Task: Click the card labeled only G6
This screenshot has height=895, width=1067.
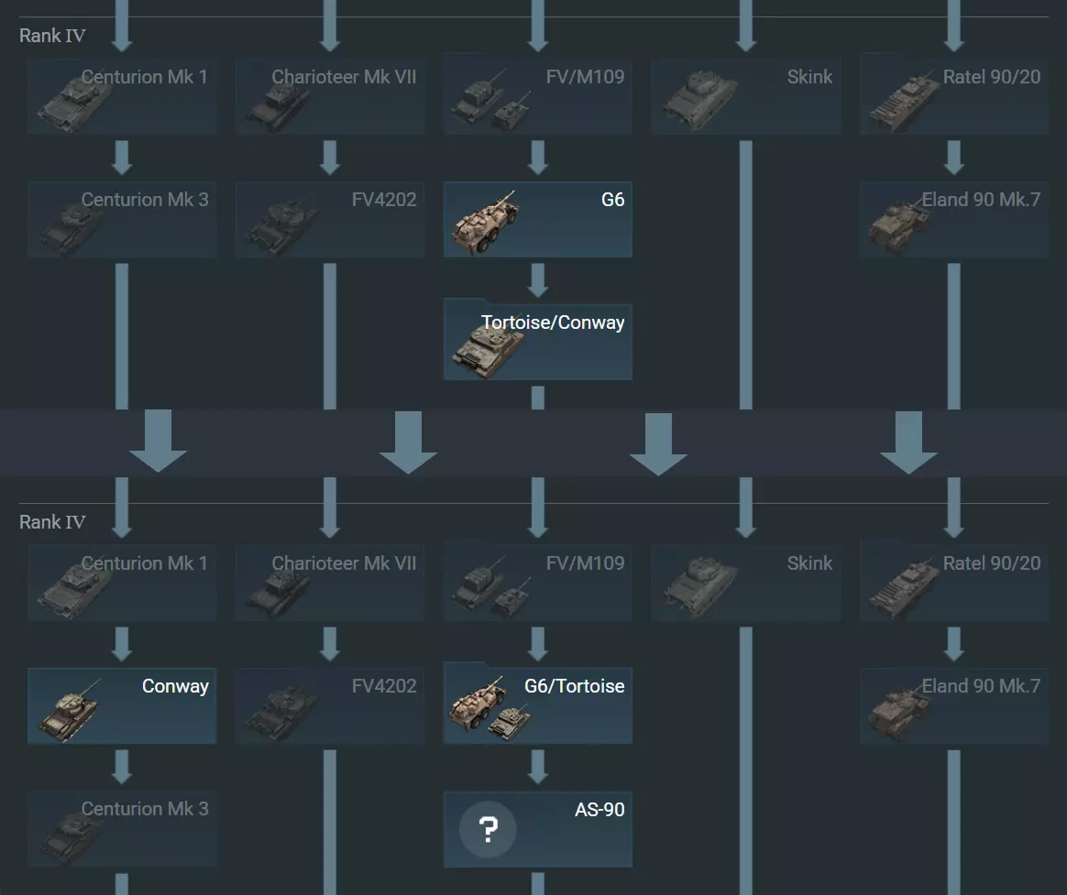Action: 537,219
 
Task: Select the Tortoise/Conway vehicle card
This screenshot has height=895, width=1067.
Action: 537,342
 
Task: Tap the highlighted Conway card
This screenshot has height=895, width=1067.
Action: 122,705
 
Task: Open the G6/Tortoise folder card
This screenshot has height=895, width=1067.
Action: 537,705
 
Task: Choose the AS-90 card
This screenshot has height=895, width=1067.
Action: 537,829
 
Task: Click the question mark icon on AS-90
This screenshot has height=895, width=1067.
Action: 488,830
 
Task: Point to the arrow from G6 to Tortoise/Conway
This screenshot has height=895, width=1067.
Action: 538,280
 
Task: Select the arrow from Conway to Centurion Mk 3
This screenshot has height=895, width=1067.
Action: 122,767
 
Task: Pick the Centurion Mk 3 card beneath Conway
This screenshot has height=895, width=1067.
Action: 122,828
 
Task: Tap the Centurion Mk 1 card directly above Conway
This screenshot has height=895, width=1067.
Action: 122,583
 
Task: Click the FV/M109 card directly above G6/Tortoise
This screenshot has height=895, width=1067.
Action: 537,583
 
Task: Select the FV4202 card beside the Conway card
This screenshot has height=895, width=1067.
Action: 330,705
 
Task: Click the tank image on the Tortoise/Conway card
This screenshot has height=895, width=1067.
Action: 489,349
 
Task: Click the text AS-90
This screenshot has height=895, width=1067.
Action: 599,810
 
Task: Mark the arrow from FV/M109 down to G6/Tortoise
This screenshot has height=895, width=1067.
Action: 538,643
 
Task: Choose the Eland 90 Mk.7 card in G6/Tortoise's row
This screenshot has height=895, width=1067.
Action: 953,705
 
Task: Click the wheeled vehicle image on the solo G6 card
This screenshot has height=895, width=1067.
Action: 485,224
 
